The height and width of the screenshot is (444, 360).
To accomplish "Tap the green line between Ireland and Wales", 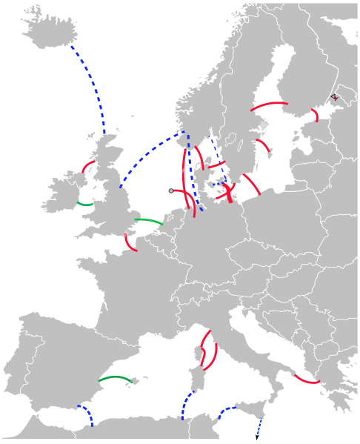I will click(x=84, y=203).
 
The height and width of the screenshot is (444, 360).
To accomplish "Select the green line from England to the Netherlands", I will click(x=148, y=220).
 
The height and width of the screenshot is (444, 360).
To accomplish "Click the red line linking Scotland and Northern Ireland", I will click(x=87, y=167).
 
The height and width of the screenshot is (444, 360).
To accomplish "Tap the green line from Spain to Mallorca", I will click(x=116, y=378).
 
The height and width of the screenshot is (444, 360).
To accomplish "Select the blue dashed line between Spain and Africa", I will click(x=86, y=414).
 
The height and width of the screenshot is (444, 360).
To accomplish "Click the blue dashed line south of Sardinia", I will click(x=185, y=404).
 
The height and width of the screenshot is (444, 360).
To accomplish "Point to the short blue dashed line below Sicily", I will click(x=259, y=425).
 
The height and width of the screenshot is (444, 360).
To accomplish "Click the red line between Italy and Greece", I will click(x=306, y=380).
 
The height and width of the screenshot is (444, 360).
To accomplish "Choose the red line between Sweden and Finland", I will click(x=270, y=105).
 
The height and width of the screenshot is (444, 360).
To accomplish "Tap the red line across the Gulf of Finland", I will click(x=316, y=116).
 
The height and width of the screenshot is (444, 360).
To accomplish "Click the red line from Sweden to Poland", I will click(x=252, y=184).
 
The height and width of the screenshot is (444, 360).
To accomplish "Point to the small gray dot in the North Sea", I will click(x=171, y=190).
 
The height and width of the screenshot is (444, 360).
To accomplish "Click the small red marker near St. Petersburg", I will click(x=335, y=97).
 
